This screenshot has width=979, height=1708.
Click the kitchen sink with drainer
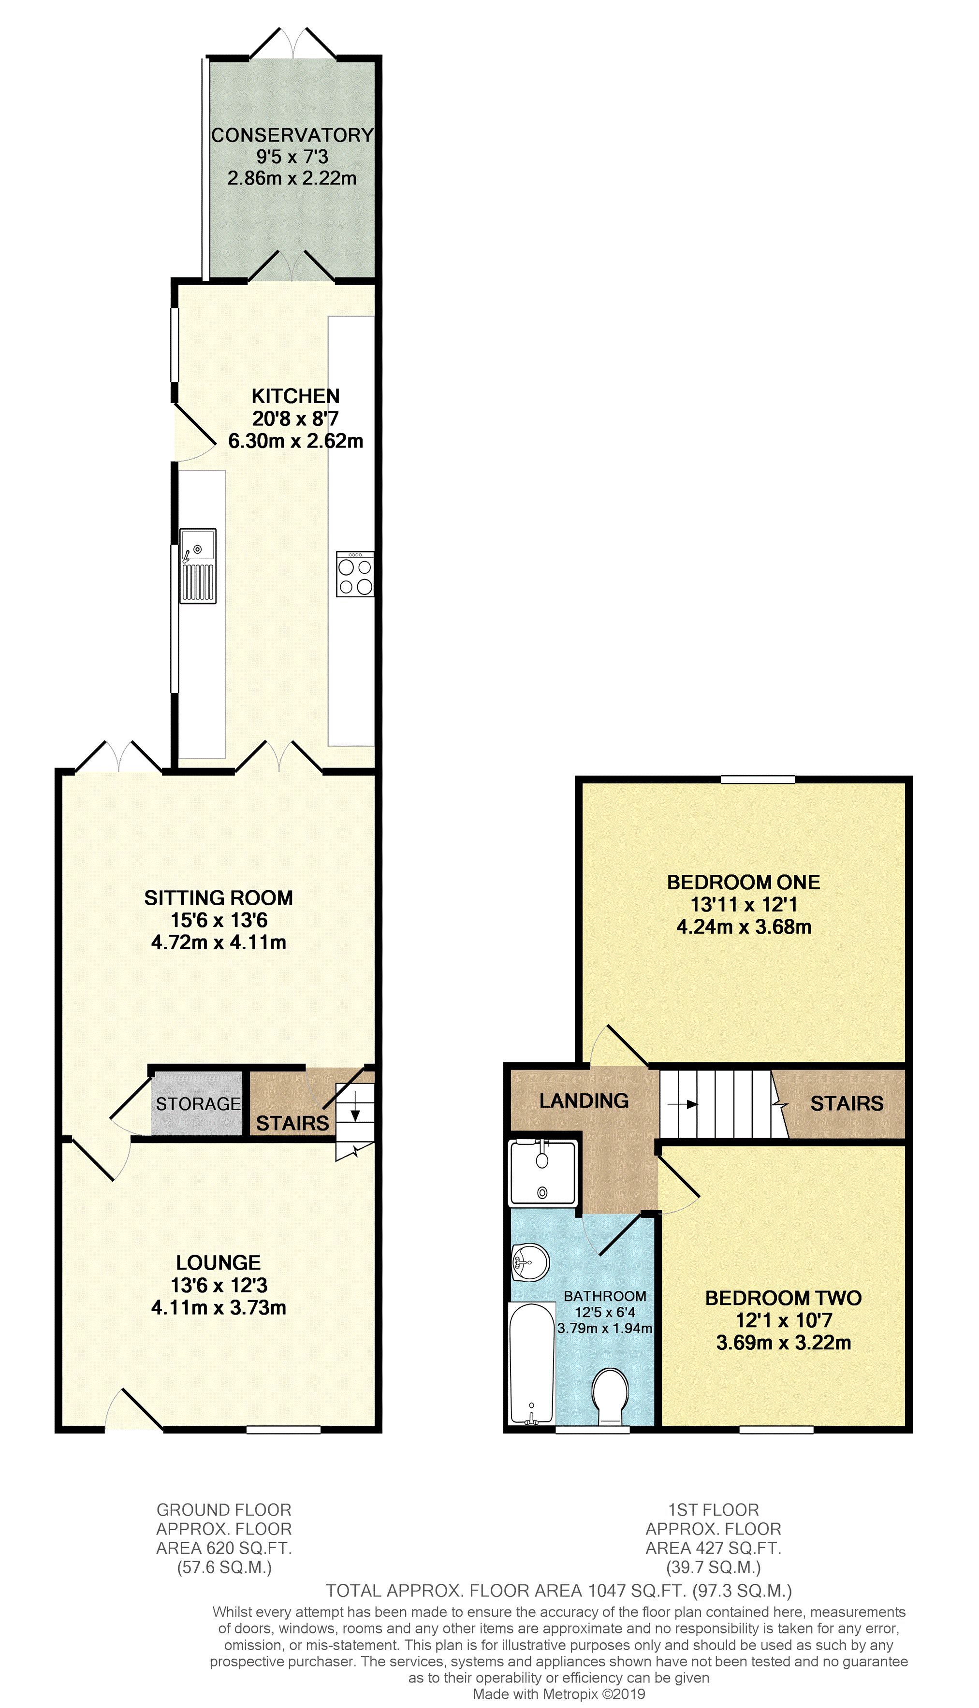(x=198, y=565)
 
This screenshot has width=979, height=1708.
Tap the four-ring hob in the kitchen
(x=355, y=574)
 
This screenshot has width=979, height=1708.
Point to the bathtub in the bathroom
(x=532, y=1364)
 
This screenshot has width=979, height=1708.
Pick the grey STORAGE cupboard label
(x=198, y=1104)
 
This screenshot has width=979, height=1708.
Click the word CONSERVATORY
(x=292, y=135)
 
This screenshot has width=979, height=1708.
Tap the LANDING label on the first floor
(x=584, y=1100)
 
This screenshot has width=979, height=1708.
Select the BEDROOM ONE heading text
(x=744, y=882)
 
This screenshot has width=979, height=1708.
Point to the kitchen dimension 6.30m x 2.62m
(x=296, y=441)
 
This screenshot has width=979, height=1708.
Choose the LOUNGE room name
(x=219, y=1262)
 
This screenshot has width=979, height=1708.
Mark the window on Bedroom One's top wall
(x=758, y=780)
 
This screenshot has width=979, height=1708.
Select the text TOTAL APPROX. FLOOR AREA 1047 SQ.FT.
(x=506, y=1591)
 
